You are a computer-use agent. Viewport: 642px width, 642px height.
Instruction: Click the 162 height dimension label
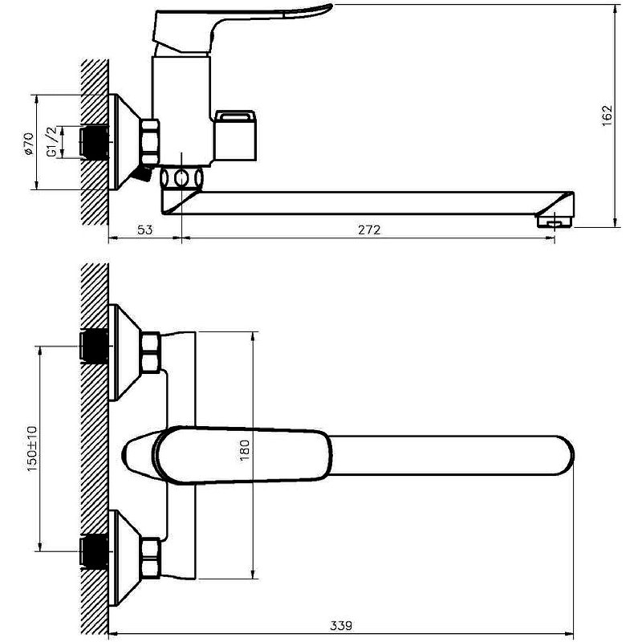coord(607,115)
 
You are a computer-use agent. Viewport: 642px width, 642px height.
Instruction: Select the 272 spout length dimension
coord(368,230)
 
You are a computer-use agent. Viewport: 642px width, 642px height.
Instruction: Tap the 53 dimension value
coord(144,230)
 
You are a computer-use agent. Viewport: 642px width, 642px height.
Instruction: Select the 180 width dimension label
coord(246,453)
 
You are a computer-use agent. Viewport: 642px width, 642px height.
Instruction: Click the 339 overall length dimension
coord(340,624)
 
